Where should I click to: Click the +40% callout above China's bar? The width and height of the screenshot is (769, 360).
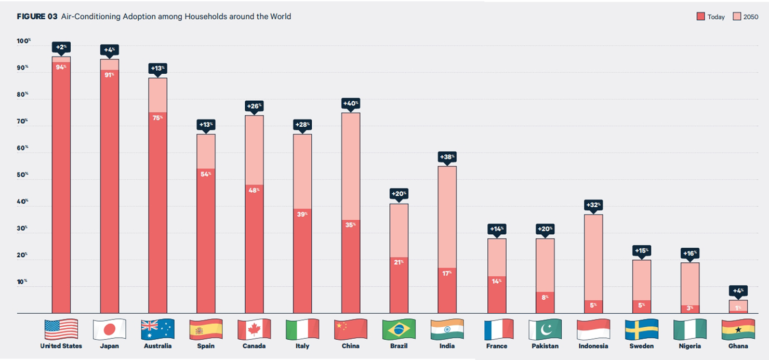pos(351,103)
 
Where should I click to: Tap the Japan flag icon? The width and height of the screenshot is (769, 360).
pos(110,329)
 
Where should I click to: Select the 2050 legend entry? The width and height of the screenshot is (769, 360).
pos(745,17)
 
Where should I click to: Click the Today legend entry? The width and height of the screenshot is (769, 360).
pos(710,17)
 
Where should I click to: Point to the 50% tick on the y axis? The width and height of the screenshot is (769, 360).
pos(23,175)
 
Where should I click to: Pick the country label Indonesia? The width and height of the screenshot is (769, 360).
pos(592,346)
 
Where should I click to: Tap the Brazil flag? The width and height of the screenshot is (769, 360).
pos(399,329)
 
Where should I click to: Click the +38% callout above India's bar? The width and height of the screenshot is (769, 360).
pos(447,157)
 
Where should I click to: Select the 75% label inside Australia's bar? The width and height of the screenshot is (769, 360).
pos(157,117)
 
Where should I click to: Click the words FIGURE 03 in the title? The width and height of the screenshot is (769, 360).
pos(37,17)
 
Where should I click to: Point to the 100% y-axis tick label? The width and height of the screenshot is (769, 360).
pos(24,41)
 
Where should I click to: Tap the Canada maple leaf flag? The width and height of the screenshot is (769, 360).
pos(254,329)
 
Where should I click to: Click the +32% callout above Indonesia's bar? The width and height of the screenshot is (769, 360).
pos(592,205)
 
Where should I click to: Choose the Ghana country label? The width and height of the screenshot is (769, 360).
pos(738,346)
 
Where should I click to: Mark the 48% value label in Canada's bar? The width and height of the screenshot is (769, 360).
pos(254,190)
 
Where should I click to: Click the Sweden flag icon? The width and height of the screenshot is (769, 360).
pos(641,329)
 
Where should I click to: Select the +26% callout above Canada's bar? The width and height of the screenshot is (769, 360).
pos(254,106)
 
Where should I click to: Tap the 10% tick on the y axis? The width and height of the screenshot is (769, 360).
pos(23,282)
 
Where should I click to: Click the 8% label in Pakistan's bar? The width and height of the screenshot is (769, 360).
pos(545,297)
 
